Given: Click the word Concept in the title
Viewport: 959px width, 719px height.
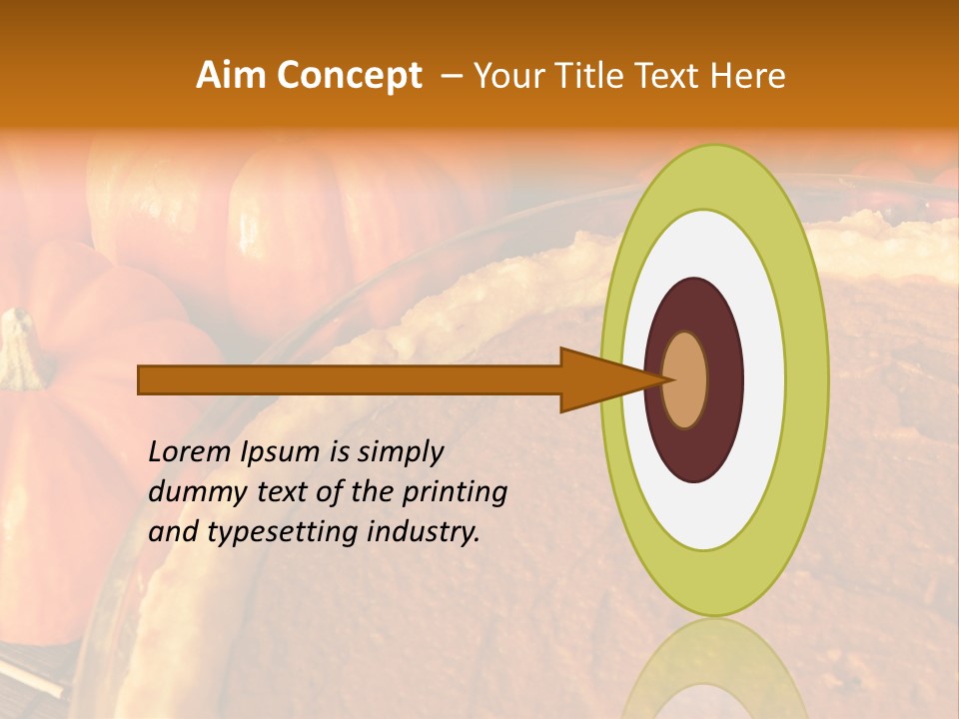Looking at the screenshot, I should pyautogui.click(x=349, y=76).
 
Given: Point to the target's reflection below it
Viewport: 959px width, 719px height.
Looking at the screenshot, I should pyautogui.click(x=714, y=669).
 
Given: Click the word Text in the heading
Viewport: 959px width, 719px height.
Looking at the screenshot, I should pyautogui.click(x=667, y=76).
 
